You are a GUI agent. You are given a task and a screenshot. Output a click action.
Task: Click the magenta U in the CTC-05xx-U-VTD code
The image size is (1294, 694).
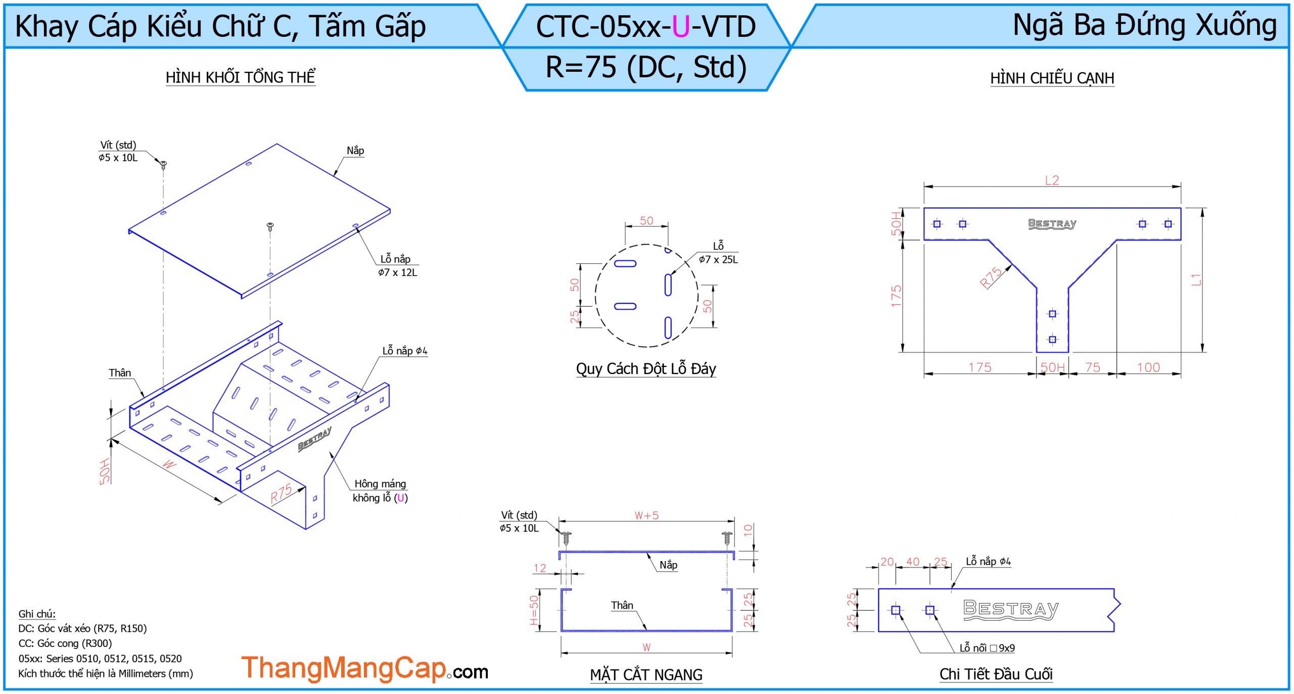coord(680,27)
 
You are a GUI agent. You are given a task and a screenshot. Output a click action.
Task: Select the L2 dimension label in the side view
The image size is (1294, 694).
coord(1052,180)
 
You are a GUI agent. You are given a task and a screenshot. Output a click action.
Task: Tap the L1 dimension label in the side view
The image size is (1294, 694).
coord(1196,280)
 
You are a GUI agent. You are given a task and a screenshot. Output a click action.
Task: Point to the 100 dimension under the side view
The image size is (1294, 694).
coord(1148,367)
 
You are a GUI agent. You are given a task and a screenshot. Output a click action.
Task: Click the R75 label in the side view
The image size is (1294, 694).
coord(991,277)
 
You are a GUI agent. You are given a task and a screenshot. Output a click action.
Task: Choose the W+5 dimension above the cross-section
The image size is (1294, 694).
coord(646,516)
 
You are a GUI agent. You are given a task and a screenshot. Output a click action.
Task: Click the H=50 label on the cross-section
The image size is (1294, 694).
coord(534,610)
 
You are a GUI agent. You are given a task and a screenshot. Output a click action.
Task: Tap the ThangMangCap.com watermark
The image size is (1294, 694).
coord(365,668)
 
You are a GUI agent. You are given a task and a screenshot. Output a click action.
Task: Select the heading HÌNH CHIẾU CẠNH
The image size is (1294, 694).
coord(1052,78)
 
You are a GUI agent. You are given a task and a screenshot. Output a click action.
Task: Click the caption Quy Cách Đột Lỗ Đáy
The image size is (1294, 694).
coord(646,369)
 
